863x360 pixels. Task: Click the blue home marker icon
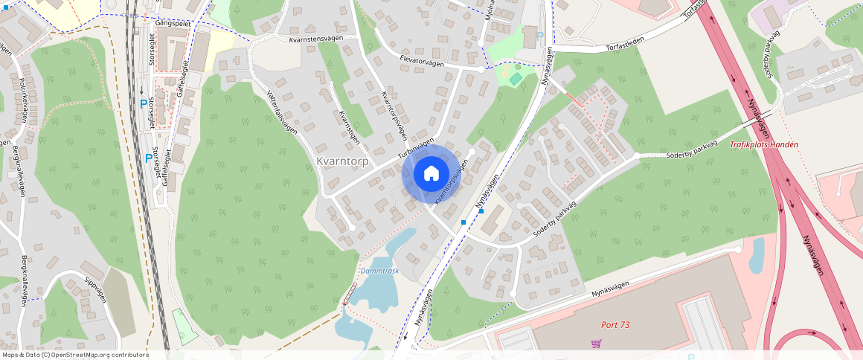431,173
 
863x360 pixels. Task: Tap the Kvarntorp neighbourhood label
342,161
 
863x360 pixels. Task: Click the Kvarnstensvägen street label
320,37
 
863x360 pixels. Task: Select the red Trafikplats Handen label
764,144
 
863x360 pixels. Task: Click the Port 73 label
615,324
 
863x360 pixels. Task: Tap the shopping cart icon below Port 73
596,343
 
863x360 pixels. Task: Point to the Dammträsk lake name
379,271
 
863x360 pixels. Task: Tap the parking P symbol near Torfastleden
539,36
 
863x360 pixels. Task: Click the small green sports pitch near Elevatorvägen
515,78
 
